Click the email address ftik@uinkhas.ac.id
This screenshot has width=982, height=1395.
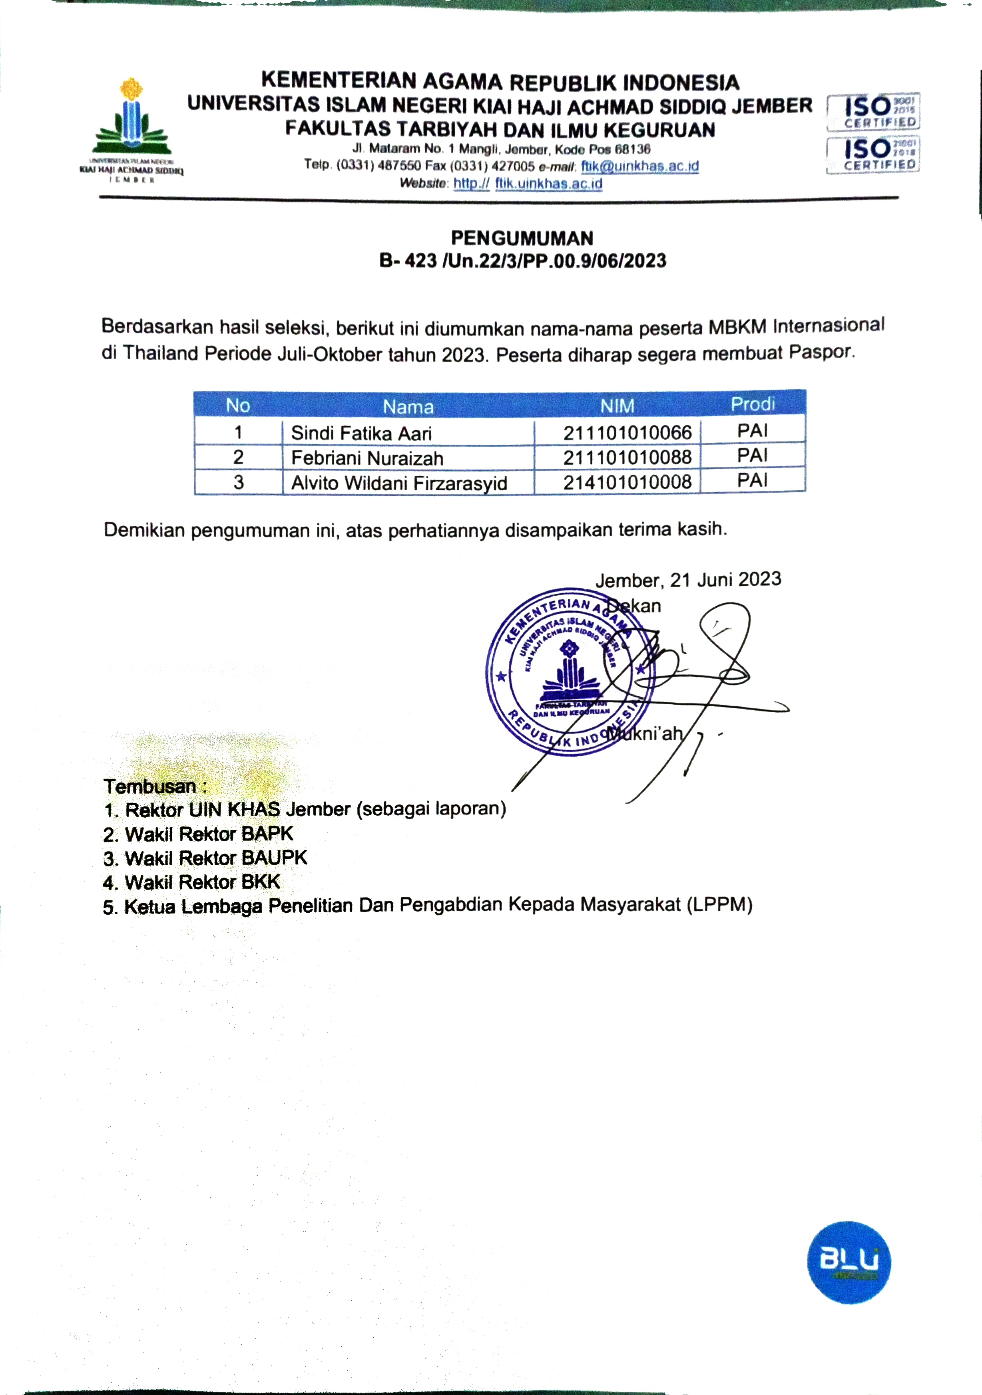tap(639, 166)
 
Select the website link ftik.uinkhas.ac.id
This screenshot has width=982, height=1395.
tap(548, 184)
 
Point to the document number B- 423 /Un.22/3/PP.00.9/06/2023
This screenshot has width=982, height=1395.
tap(522, 261)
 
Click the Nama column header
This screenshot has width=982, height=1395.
tap(408, 406)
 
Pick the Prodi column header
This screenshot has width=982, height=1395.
tap(753, 404)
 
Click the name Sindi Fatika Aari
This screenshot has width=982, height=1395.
tap(361, 433)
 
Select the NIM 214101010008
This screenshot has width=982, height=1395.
tap(627, 482)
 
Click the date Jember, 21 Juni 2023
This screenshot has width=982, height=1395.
tap(688, 580)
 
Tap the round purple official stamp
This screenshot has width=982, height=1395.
tap(570, 672)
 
